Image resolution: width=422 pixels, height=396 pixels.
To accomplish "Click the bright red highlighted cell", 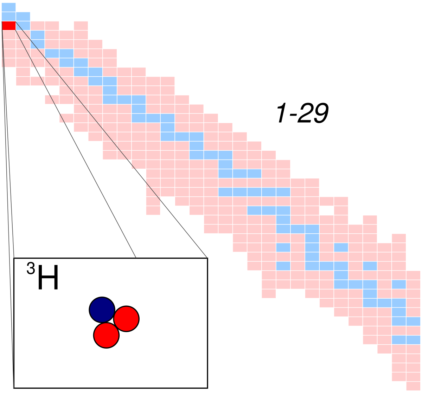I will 8,26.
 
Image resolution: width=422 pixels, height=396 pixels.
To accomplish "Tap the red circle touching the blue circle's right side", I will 126,319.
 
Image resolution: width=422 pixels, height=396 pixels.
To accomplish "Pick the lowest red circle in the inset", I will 106,335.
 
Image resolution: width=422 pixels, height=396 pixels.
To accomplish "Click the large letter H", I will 48,278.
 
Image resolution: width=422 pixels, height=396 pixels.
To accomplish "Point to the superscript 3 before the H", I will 31,269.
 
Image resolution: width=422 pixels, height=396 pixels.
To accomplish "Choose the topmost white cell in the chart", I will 37,72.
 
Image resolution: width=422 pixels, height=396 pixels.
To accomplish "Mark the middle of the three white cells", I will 52,90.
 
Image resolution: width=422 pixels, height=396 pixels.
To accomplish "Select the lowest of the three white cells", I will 66,109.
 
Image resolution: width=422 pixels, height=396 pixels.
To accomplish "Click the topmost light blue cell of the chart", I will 8,7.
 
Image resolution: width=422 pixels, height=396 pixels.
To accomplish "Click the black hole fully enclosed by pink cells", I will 326,210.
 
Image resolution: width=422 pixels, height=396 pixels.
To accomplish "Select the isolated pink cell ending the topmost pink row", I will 81,26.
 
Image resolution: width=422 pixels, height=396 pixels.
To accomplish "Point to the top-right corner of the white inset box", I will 207,259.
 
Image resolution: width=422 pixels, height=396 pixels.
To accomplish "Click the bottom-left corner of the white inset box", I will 14,387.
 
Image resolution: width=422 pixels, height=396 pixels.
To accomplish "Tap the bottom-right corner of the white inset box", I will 207,387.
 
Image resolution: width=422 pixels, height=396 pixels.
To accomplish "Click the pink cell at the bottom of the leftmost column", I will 8,62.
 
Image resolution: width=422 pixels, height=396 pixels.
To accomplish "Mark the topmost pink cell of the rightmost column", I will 413,275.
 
